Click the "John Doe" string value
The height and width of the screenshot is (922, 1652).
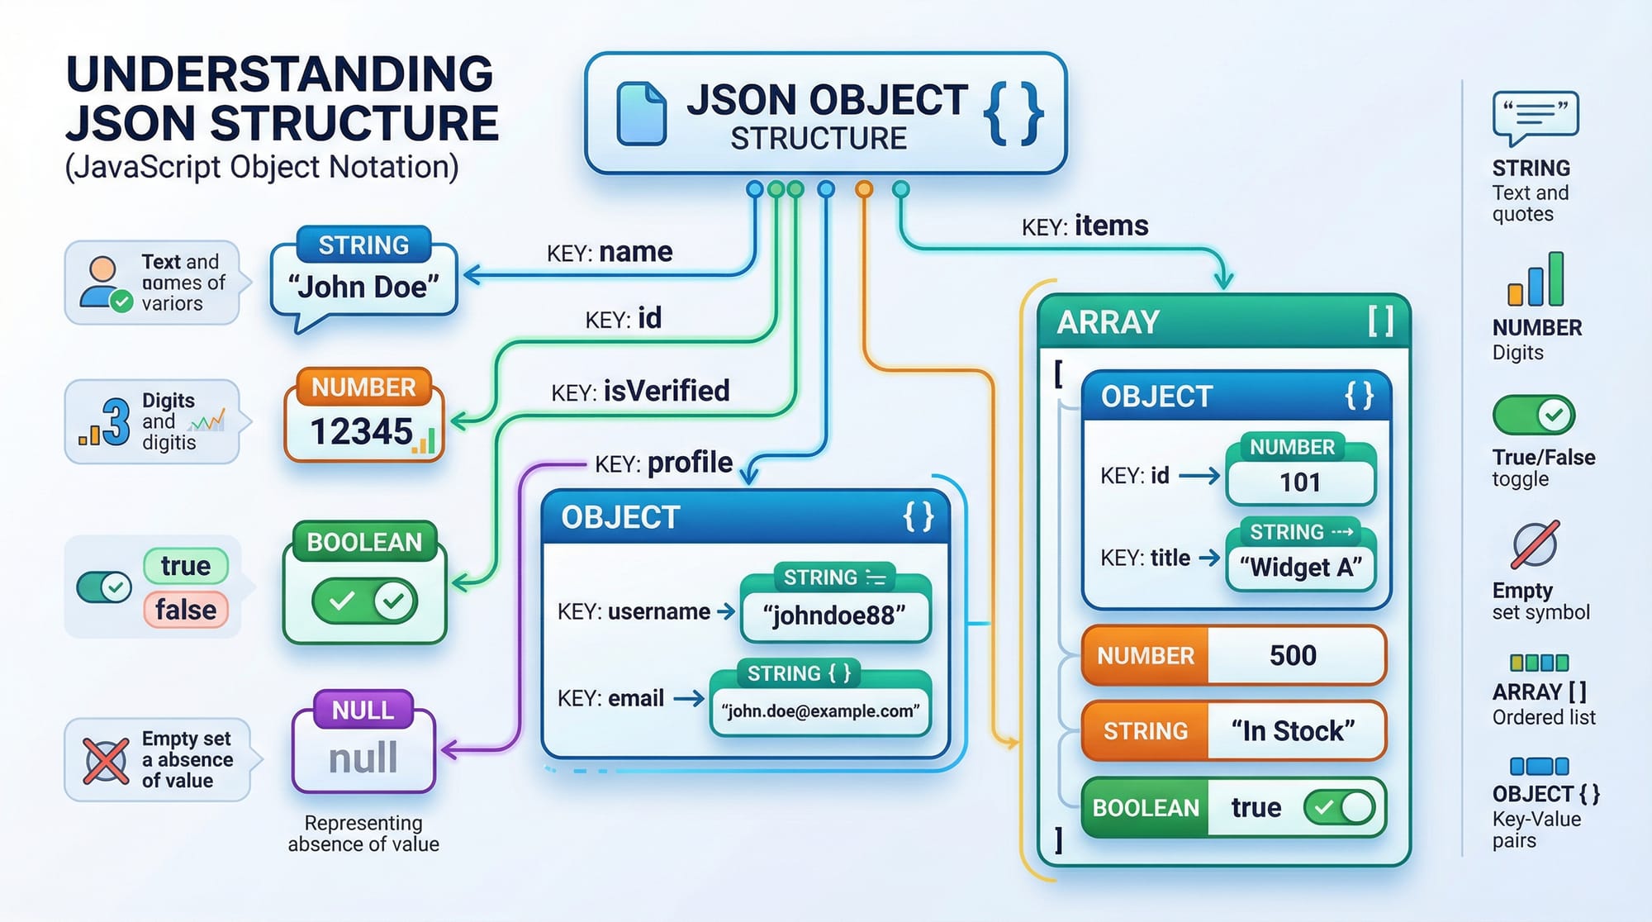coord(363,288)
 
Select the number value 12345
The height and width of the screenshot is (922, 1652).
coord(362,431)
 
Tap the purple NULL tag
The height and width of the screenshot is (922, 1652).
coord(363,710)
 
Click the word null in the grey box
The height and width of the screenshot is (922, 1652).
coord(363,758)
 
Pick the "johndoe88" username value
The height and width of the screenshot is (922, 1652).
coord(834,615)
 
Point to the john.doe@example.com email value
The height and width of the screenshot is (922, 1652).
coord(820,711)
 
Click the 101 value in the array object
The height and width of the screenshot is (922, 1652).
coord(1299,482)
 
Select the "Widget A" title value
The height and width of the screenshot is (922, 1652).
coord(1300,568)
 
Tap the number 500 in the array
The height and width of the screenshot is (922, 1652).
coord(1293,655)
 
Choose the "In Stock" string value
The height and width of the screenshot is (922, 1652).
coord(1293,731)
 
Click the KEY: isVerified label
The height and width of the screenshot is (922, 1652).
coord(640,392)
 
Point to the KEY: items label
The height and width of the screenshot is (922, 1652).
coord(1085,226)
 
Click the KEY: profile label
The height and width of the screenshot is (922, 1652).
coord(663,463)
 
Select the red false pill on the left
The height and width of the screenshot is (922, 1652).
coord(186,610)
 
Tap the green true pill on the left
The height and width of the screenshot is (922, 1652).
coord(186,566)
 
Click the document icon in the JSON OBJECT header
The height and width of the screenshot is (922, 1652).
coord(642,114)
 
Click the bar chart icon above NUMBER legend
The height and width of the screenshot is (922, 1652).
coord(1536,281)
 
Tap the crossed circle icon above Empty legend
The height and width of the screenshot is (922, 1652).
coord(1535,545)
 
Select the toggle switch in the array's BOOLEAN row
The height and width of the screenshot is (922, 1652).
coord(1339,807)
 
